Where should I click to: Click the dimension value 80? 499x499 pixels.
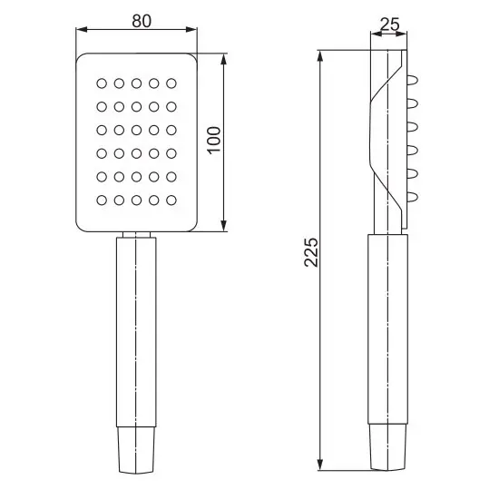[142, 21]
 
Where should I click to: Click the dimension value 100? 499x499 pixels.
[214, 141]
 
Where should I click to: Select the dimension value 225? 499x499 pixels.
[311, 251]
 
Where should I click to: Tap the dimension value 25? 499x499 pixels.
[389, 24]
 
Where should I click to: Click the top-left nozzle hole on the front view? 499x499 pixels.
[102, 83]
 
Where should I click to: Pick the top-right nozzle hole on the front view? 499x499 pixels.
[171, 83]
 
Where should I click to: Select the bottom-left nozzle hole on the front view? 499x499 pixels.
[102, 201]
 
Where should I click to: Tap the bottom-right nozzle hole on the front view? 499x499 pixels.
[171, 201]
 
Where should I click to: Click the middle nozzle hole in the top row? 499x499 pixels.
[136, 83]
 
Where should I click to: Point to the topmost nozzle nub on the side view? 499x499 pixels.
[413, 80]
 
